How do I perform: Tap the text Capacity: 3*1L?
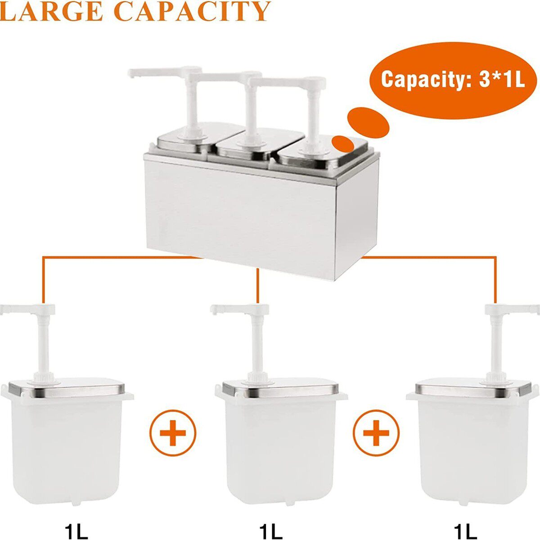[x=453, y=80]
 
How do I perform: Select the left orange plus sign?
[x=173, y=433]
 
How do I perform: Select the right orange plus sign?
[x=376, y=433]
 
